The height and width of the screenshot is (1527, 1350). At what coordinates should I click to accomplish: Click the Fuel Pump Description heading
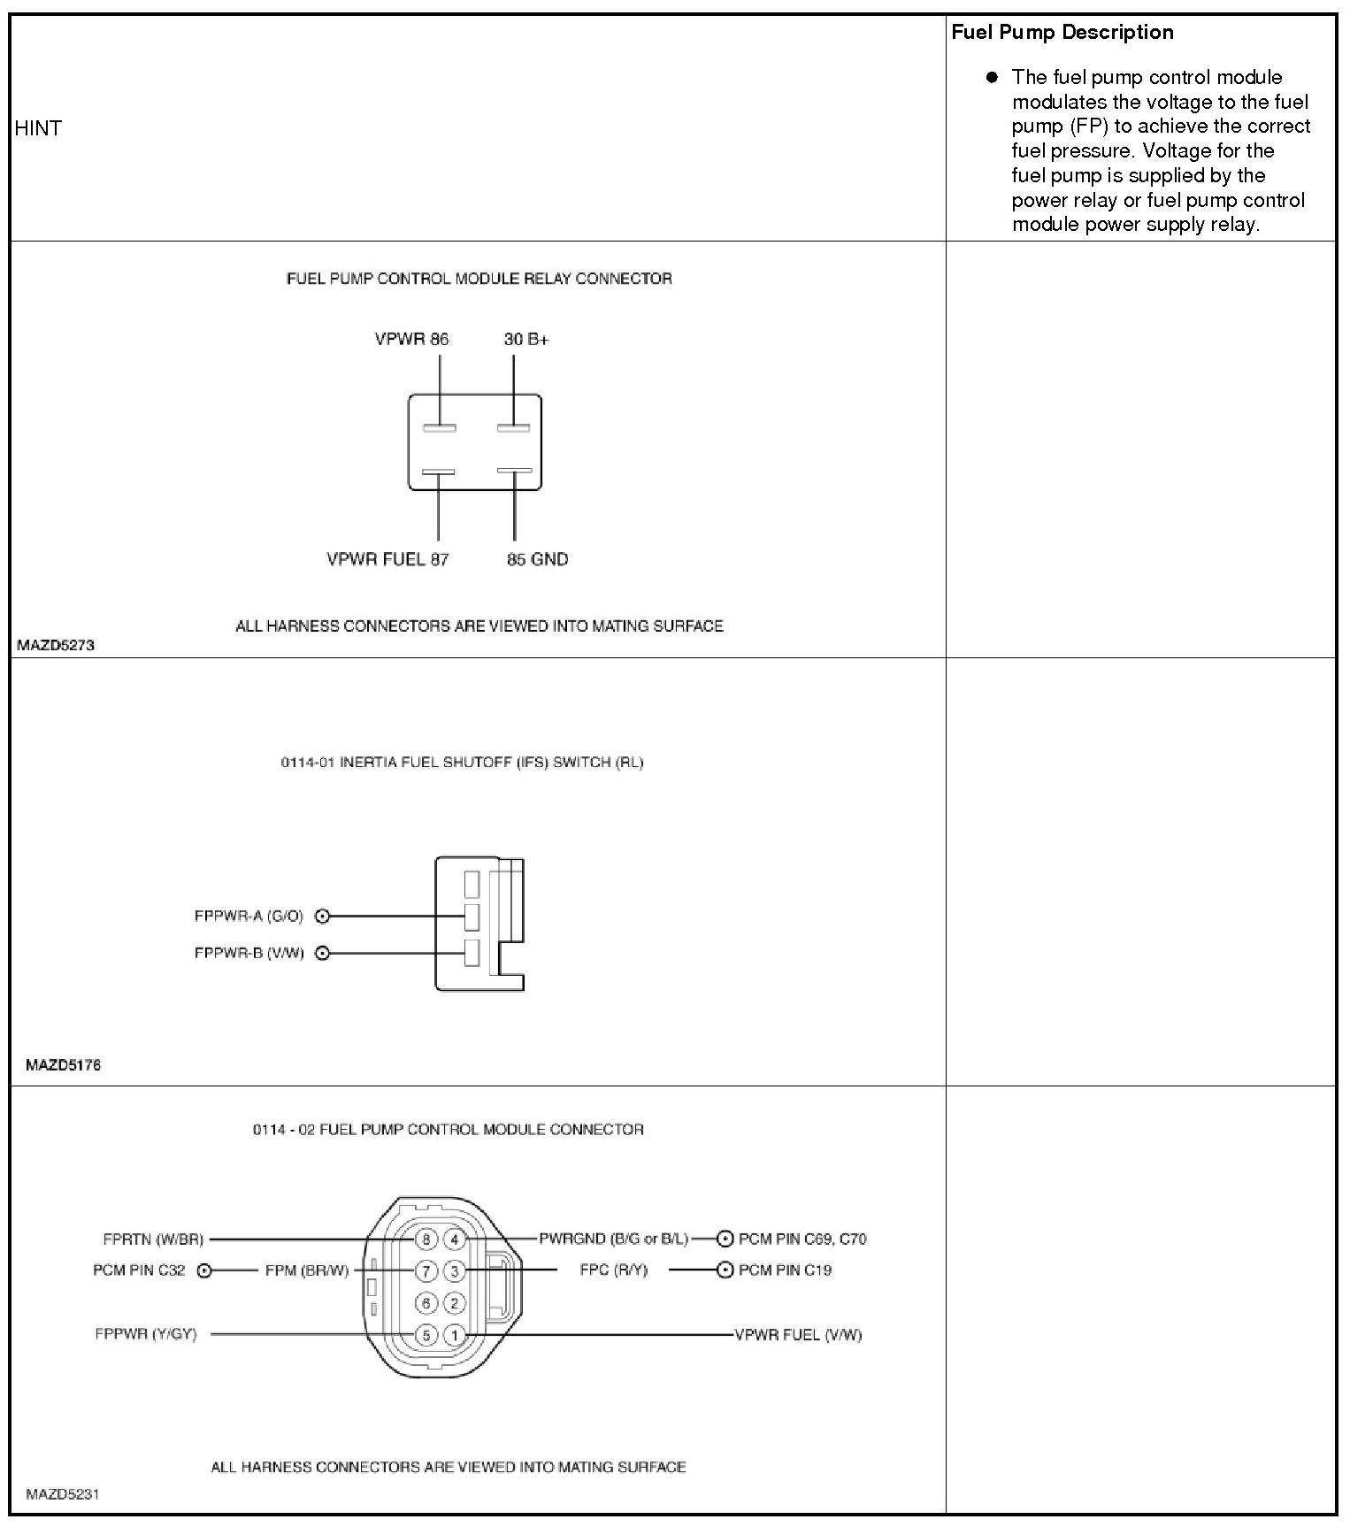[1062, 33]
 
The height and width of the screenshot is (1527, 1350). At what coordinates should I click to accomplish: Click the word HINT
[38, 128]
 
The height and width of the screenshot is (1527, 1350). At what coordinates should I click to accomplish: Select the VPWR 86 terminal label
[411, 339]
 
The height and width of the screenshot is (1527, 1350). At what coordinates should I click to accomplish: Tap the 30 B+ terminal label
[526, 339]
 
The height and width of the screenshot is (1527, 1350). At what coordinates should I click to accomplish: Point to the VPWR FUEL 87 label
[387, 559]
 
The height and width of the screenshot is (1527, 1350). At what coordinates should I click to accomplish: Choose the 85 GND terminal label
[537, 559]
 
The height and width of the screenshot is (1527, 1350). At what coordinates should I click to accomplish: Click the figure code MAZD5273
[55, 646]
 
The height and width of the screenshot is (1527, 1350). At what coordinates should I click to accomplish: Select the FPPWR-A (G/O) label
[249, 917]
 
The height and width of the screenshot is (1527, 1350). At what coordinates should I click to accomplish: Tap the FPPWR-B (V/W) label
[249, 954]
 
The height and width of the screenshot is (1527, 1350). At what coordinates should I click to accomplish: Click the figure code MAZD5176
[63, 1065]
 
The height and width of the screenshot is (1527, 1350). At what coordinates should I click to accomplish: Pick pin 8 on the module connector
[426, 1239]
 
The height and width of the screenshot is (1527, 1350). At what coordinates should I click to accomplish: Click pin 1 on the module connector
[454, 1335]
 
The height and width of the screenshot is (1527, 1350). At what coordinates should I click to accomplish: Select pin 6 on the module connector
[426, 1303]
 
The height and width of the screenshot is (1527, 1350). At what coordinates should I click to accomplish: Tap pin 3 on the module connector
[454, 1271]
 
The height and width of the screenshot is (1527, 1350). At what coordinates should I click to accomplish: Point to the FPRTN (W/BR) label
[153, 1239]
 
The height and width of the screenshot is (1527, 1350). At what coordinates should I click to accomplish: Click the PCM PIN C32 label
[139, 1270]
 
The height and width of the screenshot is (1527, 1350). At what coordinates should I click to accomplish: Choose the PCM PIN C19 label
[785, 1270]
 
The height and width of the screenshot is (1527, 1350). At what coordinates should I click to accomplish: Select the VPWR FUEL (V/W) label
[798, 1335]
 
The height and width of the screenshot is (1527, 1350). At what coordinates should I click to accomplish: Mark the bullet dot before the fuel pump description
[992, 77]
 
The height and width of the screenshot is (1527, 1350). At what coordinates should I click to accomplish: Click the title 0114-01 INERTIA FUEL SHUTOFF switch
[462, 763]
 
